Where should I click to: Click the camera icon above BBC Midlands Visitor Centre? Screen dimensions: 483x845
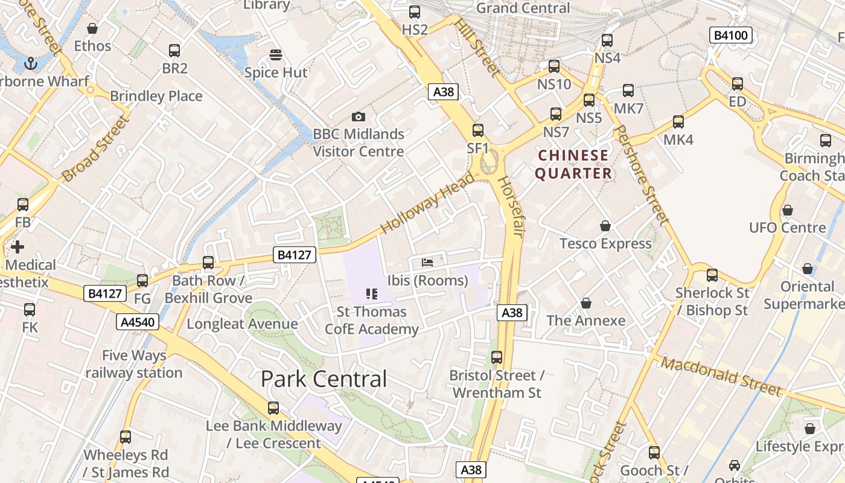(x=358, y=117)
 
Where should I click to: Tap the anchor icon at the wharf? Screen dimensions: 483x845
(x=30, y=62)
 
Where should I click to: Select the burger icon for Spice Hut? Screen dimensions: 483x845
(x=276, y=55)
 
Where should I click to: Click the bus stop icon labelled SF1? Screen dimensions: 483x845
(x=478, y=130)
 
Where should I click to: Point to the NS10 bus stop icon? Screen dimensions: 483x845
(x=554, y=66)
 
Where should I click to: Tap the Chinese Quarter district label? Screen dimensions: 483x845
(x=573, y=164)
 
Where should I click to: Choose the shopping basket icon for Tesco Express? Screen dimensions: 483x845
(x=605, y=226)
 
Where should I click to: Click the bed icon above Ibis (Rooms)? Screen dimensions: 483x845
(x=427, y=263)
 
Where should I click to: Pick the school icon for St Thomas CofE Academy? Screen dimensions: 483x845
(x=372, y=294)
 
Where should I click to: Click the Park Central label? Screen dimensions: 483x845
(x=324, y=379)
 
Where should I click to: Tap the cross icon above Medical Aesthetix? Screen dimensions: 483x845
(x=18, y=246)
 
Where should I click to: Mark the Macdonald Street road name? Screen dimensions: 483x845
(x=721, y=376)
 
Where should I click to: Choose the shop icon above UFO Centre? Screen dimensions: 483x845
(x=787, y=210)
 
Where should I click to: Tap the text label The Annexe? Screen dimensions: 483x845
(x=585, y=321)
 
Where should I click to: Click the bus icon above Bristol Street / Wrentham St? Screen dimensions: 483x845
(x=497, y=357)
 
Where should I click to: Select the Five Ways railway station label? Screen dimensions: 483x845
(x=133, y=364)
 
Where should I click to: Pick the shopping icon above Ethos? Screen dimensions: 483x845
(x=92, y=28)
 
